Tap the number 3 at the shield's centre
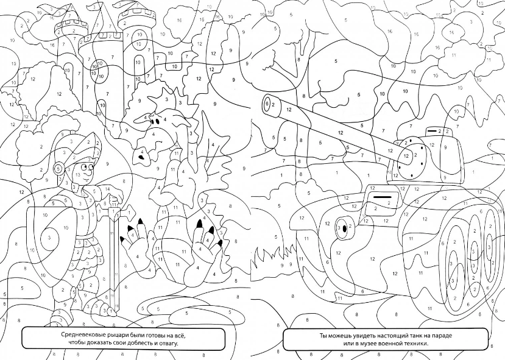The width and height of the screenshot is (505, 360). point(49,238)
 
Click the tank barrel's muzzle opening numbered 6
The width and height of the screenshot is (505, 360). point(267,104)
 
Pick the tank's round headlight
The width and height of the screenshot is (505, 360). point(344,228)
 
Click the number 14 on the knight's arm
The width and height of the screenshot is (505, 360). point(108,189)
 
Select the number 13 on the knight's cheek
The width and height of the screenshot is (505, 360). point(77,175)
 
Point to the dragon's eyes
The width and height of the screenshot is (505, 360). point(155,121)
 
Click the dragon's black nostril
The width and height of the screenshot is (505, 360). point(141,157)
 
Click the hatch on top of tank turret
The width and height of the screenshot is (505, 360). point(440,132)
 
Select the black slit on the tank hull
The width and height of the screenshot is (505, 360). point(382,196)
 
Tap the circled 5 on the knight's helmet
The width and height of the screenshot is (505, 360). point(58,168)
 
